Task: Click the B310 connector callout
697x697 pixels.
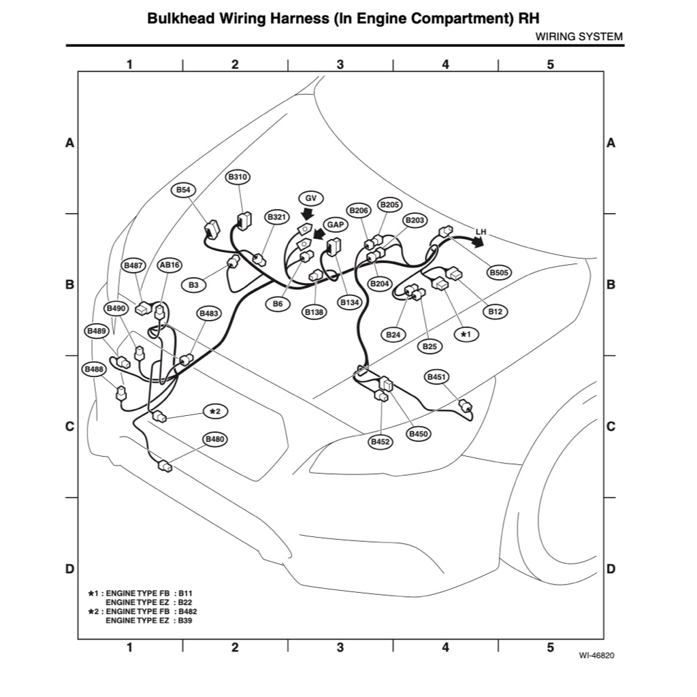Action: (x=238, y=177)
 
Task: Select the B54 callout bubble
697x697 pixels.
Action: (x=183, y=190)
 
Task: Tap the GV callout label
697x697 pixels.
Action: (x=311, y=198)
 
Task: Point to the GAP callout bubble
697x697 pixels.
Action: (x=335, y=225)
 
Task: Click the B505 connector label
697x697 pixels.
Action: (x=500, y=272)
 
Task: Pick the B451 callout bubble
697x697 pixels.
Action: (x=436, y=377)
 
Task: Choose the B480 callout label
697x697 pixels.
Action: (x=215, y=440)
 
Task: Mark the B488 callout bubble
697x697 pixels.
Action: (x=94, y=369)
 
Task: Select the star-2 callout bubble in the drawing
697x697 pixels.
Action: (x=216, y=411)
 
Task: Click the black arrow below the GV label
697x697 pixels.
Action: (x=308, y=214)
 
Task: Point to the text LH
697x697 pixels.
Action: (x=481, y=232)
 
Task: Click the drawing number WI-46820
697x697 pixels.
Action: (x=596, y=656)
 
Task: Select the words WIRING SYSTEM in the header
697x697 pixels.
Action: (x=579, y=37)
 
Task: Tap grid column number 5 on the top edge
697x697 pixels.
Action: (x=551, y=65)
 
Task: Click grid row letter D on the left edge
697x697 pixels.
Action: (x=69, y=569)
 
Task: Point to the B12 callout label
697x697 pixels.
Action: (x=496, y=312)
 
